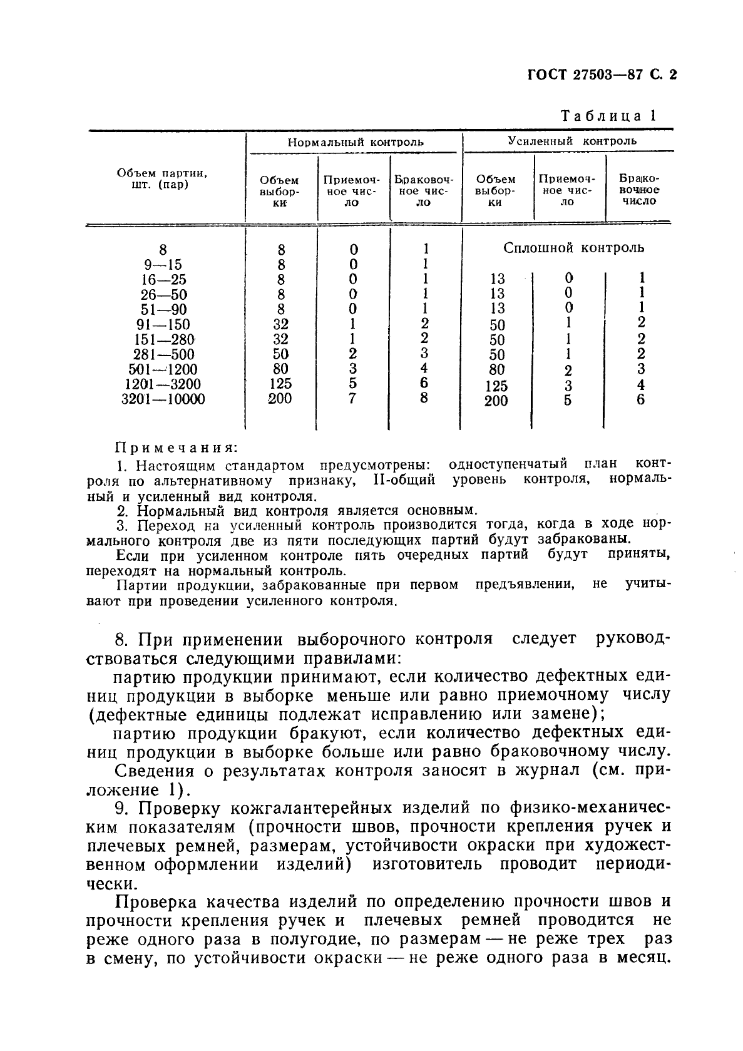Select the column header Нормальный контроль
pyautogui.click(x=355, y=142)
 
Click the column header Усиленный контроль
pyautogui.click(x=571, y=141)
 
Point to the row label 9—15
pyautogui.click(x=163, y=265)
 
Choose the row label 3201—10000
pyautogui.click(x=163, y=399)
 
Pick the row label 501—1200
pyautogui.click(x=163, y=369)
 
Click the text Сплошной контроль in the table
pyautogui.click(x=573, y=248)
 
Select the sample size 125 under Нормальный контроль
pyautogui.click(x=281, y=384)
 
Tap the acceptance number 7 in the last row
pyautogui.click(x=352, y=398)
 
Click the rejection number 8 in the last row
pyautogui.click(x=424, y=398)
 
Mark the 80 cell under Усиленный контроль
pyautogui.click(x=496, y=370)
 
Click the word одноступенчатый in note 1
pyautogui.click(x=508, y=464)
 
